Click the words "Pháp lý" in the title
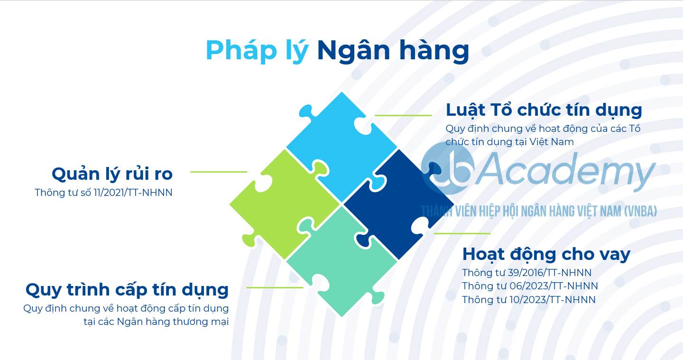tap(257, 51)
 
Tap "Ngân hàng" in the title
tap(393, 51)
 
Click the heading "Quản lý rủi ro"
tap(112, 174)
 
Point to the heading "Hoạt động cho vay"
tap(546, 255)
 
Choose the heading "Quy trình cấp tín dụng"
tap(127, 290)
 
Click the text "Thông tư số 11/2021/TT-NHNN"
tap(104, 193)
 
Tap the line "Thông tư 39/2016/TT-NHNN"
tap(526, 273)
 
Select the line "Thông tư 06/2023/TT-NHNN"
tap(530, 286)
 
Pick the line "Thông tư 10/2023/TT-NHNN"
tap(529, 300)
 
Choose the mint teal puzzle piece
tap(341, 262)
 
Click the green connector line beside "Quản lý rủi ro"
tap(219, 172)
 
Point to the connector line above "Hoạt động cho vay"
tap(462, 233)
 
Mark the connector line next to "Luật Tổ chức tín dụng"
tap(403, 116)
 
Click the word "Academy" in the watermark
tap(566, 171)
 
